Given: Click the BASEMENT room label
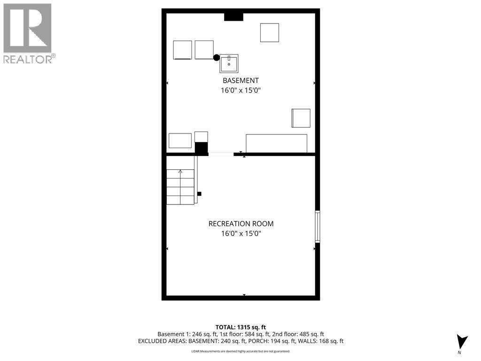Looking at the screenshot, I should coord(240,80).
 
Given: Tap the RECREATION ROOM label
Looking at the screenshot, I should coord(241,224).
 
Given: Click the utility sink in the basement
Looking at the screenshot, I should coord(229,63).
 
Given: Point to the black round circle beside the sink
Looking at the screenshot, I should coord(216,58).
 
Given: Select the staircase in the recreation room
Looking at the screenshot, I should coord(180,187).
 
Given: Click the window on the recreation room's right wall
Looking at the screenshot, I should coord(318,227).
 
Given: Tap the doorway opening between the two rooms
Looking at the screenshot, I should coord(221,154).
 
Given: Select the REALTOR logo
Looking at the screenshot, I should coord(28,33).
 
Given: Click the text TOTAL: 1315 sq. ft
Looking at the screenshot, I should coord(240,327).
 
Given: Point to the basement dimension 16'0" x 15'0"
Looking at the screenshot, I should coord(240,90).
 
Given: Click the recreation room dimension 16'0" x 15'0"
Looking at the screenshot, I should coord(241,233).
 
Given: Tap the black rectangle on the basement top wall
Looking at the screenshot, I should coord(233,17).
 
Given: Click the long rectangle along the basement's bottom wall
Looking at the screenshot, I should coord(277,143).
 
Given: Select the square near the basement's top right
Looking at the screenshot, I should coord(270,32).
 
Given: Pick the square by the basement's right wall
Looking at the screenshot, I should coord(301,118).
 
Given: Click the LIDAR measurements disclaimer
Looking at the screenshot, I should coord(240,351).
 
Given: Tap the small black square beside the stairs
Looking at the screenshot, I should coord(199,194).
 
